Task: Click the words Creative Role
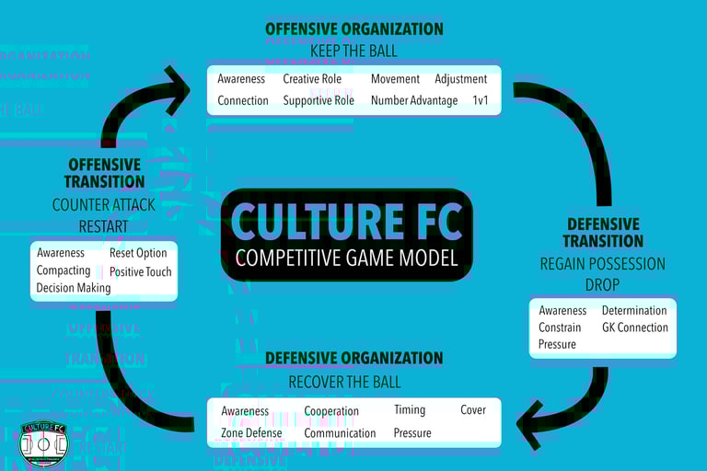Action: coord(312,79)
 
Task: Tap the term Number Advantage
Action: coord(413,100)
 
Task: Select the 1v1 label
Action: coord(480,100)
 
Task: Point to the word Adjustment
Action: coord(460,79)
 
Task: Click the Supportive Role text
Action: coord(319,100)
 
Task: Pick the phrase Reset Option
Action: coord(138,253)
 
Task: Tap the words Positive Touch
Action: coord(140,271)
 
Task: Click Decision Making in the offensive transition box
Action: coord(74,288)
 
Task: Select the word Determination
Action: coord(634,311)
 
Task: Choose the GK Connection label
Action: coord(635,327)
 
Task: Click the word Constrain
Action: coord(560,327)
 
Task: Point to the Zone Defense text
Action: coord(251,433)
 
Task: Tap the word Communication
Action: coord(340,433)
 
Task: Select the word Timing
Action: coord(410,410)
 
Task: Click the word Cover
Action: coord(473,410)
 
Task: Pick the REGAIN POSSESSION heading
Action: coord(602,264)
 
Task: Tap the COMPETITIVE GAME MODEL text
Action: coord(346,258)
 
